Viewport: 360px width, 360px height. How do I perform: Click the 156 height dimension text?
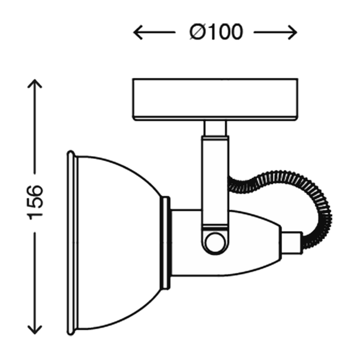(35, 202)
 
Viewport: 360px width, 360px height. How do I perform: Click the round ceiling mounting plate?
(215, 99)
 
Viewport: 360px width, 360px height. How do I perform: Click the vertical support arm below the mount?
(215, 180)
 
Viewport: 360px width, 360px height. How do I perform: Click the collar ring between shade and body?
(165, 242)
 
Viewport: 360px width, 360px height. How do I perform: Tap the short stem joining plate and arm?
(215, 128)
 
